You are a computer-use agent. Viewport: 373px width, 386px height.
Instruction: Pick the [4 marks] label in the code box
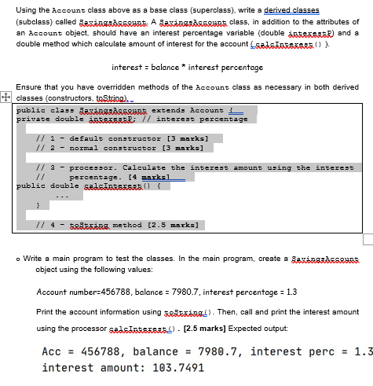point(162,177)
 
